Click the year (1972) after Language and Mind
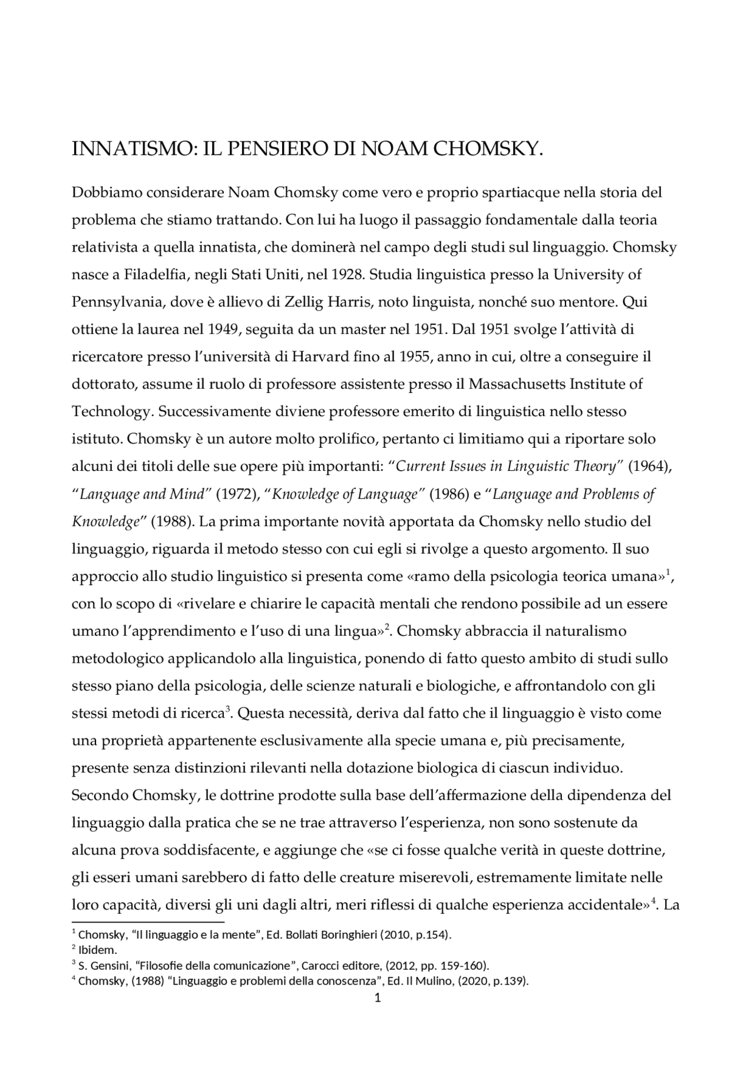pyautogui.click(x=238, y=494)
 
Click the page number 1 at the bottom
pyautogui.click(x=378, y=997)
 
